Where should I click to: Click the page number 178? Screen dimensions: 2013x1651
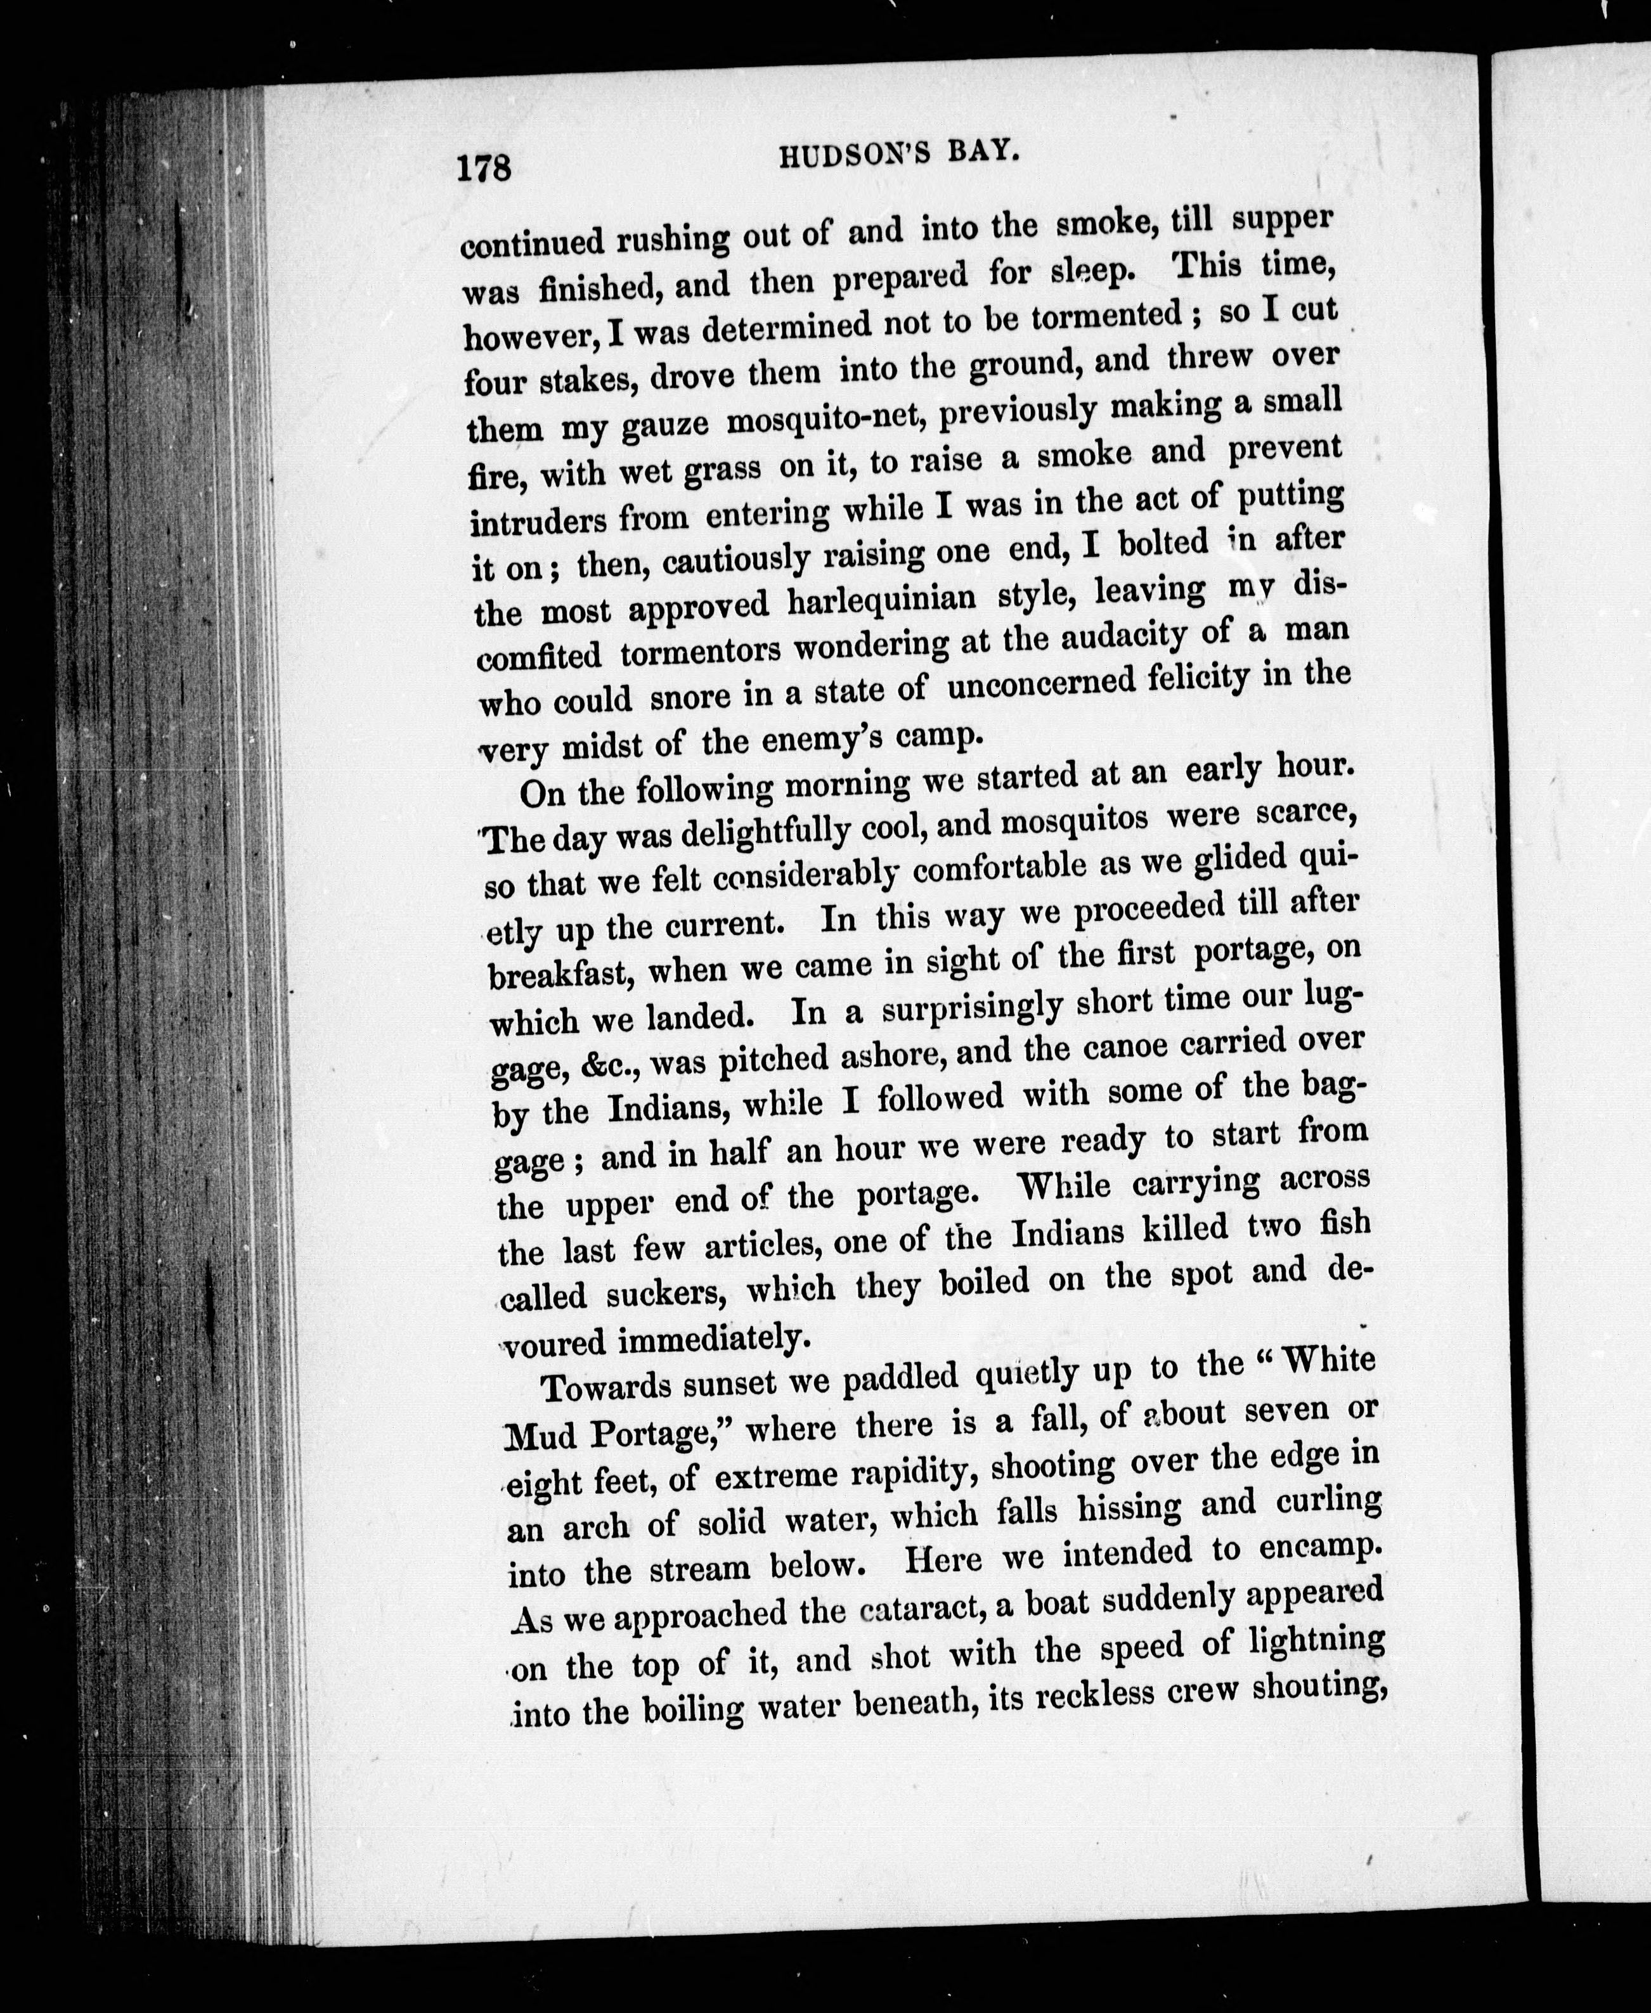[485, 169]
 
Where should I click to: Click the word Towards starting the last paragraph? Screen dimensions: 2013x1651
[607, 1387]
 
